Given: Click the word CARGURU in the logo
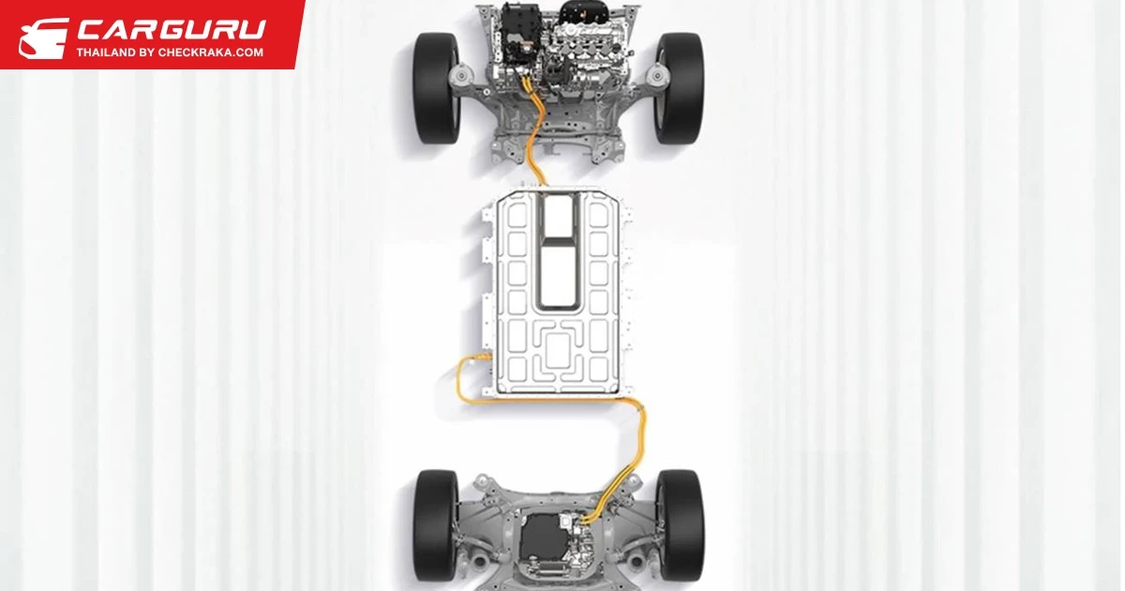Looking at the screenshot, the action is point(172,30).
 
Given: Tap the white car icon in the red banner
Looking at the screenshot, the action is point(44,38).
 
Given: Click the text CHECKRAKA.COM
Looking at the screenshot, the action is point(211,53).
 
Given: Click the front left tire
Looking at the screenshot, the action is point(436,88).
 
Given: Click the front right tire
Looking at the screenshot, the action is point(680,88).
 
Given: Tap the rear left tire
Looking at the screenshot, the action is point(435,525).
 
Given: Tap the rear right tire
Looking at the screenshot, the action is point(681,525).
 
